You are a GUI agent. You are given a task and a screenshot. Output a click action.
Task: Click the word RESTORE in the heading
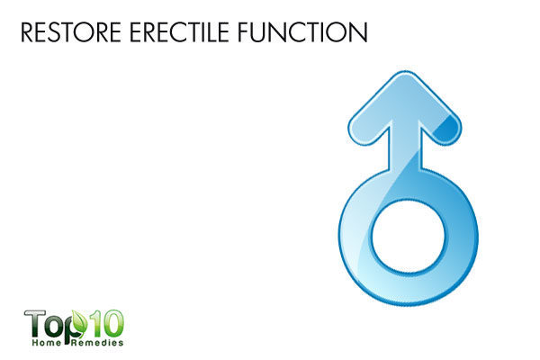(x=71, y=32)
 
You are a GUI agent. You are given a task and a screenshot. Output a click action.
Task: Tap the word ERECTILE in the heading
(x=179, y=32)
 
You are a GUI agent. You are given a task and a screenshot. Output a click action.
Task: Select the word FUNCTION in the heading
(x=302, y=32)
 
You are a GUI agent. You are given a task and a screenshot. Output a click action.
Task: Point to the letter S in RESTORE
(x=55, y=32)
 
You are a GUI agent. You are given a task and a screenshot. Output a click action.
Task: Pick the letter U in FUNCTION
(x=259, y=32)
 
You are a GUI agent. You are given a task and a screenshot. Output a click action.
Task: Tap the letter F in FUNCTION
(x=243, y=32)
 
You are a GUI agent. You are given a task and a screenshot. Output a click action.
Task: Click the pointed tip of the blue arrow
(x=405, y=73)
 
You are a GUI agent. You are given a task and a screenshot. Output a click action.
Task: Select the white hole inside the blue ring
(x=409, y=237)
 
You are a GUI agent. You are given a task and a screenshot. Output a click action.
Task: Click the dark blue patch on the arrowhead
(x=448, y=129)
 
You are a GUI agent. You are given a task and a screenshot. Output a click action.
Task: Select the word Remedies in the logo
(x=97, y=342)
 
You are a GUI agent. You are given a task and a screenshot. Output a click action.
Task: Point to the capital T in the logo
(x=35, y=323)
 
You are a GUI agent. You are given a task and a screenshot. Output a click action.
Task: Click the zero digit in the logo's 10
(x=112, y=324)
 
